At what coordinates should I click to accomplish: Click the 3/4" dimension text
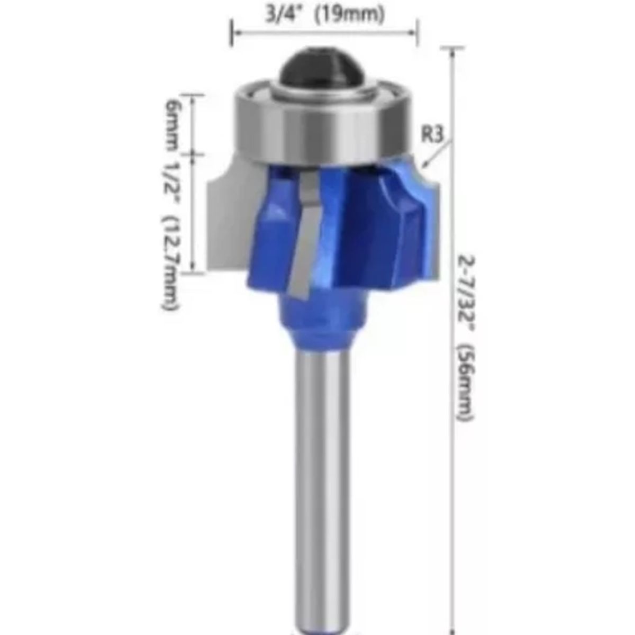(284, 15)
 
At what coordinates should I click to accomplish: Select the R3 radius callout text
(432, 134)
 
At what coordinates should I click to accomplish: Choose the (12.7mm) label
(171, 263)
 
